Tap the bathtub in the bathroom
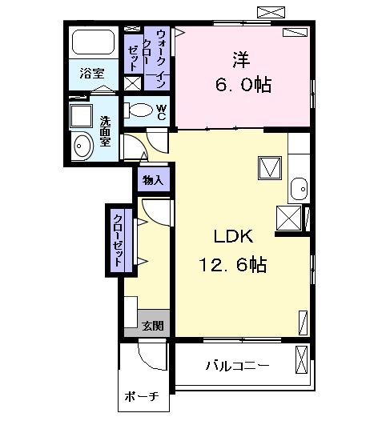[x=93, y=42]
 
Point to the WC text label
[x=160, y=112]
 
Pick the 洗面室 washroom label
[x=105, y=130]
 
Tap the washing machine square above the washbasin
[x=81, y=115]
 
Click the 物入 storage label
[x=152, y=180]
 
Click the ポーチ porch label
[x=142, y=397]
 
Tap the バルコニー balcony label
[x=237, y=366]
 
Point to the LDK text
[x=232, y=237]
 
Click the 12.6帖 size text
[x=233, y=263]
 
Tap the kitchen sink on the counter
[x=298, y=189]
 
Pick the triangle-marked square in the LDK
[x=268, y=167]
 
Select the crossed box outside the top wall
[x=269, y=11]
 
